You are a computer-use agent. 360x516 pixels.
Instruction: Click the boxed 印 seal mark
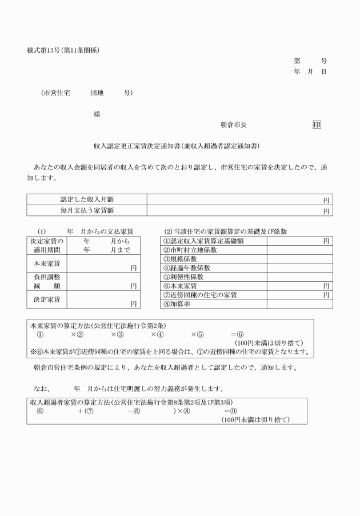click(317, 125)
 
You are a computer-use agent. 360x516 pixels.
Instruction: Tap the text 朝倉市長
click(233, 125)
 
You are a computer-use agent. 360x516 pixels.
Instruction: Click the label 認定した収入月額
click(87, 199)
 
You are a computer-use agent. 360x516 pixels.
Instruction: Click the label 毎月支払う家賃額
click(87, 211)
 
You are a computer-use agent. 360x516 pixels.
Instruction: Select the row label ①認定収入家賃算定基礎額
click(203, 241)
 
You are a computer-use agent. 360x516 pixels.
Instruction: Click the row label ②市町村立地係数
click(190, 250)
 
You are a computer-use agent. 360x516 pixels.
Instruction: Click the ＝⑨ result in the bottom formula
click(230, 411)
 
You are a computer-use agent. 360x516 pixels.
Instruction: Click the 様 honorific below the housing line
click(97, 114)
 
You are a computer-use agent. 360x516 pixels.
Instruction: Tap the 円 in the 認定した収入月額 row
click(326, 200)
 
